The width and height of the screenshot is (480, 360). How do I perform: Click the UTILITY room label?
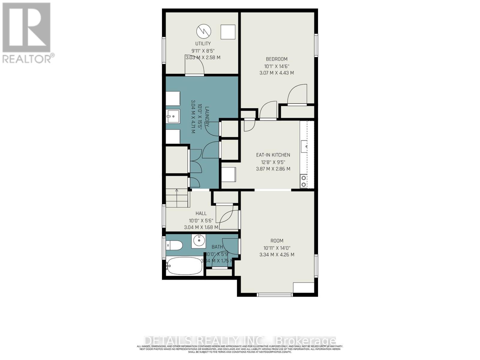click(x=203, y=43)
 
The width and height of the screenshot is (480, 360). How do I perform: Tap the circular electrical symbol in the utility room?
click(x=204, y=31)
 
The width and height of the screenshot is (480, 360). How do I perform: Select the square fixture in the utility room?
click(x=228, y=32)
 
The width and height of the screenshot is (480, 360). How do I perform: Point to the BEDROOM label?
click(x=277, y=59)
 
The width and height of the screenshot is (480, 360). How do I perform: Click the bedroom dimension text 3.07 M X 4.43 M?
click(x=277, y=73)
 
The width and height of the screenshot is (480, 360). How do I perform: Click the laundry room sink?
click(x=173, y=116)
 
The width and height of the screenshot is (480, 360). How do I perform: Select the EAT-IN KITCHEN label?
click(x=273, y=155)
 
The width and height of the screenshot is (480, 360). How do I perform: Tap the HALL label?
click(x=201, y=213)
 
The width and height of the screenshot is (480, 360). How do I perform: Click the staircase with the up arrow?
click(x=177, y=198)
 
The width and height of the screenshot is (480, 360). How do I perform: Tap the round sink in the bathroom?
click(x=199, y=240)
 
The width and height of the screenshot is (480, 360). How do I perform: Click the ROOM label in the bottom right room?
click(x=277, y=241)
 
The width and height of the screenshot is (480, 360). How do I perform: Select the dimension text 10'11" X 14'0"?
click(x=277, y=248)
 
